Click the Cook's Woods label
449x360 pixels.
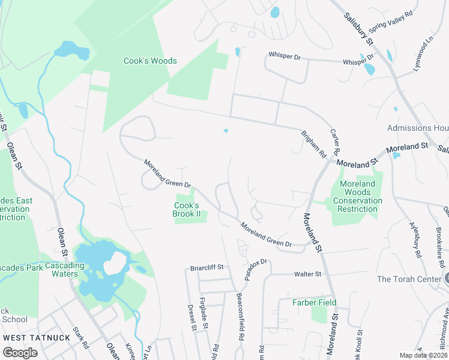[150, 61]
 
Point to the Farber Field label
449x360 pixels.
[314, 302]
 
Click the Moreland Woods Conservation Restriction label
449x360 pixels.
[357, 196]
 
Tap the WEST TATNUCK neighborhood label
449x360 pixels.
[37, 337]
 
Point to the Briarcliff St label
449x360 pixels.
[206, 267]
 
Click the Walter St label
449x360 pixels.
[307, 274]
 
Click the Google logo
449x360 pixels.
[20, 353]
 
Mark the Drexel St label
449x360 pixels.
[192, 317]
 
